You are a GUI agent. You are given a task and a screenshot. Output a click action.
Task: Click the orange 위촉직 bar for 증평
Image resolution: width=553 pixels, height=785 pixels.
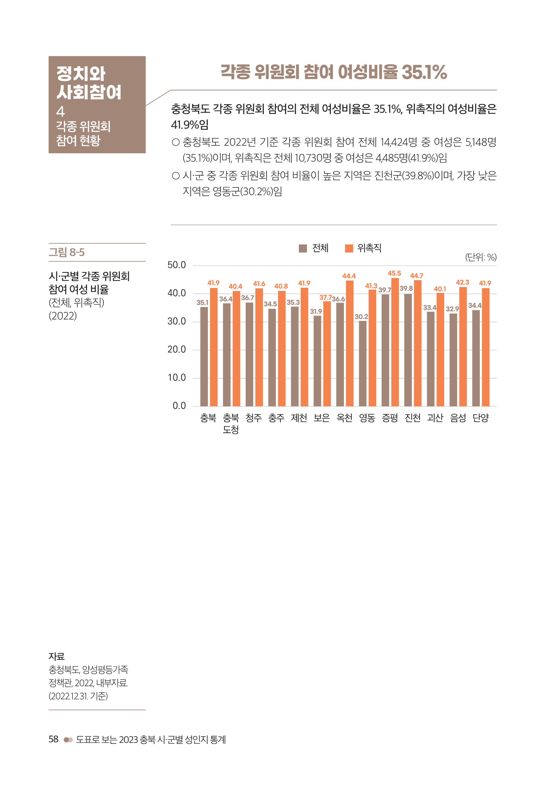(x=395, y=342)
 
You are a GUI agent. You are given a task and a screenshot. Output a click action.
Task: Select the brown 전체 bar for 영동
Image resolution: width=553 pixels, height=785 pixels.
(x=363, y=363)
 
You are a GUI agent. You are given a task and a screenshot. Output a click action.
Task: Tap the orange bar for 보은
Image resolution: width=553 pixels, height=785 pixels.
(x=327, y=354)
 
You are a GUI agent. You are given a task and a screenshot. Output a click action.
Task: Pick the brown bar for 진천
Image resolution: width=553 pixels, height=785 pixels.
(x=408, y=350)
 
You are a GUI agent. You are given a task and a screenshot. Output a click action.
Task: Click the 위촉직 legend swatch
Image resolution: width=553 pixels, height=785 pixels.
(x=349, y=248)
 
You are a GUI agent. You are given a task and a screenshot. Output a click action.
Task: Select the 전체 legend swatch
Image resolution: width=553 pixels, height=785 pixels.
(x=302, y=248)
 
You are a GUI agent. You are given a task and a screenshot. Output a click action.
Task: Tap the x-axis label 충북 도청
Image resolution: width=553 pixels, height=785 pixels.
(x=231, y=423)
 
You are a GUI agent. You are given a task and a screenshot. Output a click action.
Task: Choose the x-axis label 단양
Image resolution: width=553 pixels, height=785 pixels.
(x=481, y=418)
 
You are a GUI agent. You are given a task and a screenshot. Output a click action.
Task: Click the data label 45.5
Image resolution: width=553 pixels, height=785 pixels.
(x=394, y=273)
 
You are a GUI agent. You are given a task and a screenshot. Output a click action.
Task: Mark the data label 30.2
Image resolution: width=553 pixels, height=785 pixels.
(x=361, y=317)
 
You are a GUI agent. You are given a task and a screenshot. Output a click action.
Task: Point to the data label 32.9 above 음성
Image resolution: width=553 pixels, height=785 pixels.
(x=452, y=309)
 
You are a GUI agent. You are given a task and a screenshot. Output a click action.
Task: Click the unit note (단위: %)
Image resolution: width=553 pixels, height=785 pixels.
(x=481, y=257)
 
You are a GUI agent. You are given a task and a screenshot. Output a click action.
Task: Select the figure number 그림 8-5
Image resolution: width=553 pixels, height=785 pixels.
(x=67, y=252)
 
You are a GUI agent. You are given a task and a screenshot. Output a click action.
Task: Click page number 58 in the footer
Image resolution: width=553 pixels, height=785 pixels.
(x=53, y=739)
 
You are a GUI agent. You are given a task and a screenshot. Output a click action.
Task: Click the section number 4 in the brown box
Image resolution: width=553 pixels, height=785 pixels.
(x=60, y=111)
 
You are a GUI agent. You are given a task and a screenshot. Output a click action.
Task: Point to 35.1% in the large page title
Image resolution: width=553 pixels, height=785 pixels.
(x=424, y=72)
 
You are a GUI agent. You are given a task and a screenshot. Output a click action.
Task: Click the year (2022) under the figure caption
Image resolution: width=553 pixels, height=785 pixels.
(x=63, y=316)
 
